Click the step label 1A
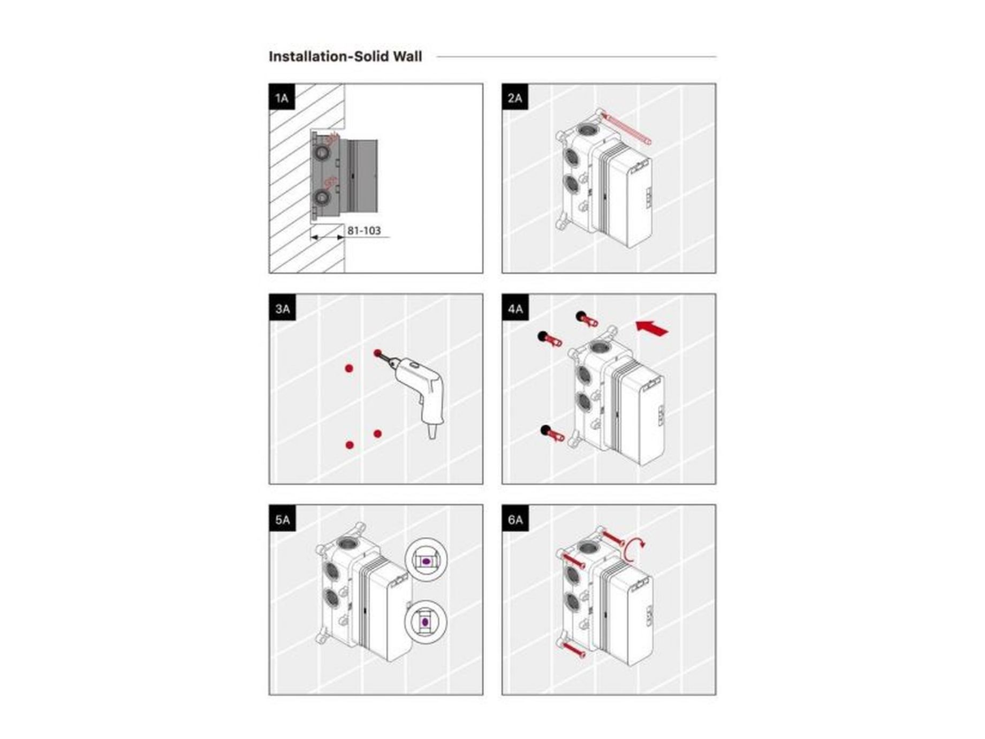pos(282,97)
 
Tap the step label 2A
pos(515,97)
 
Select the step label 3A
pos(282,308)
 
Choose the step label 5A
pos(282,519)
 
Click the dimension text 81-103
pos(364,231)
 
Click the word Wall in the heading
pos(407,57)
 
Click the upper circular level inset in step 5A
pos(426,560)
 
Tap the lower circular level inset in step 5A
pos(426,621)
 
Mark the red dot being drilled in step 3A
pos(378,353)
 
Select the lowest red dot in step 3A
pos(350,445)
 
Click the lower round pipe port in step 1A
pos(322,199)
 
